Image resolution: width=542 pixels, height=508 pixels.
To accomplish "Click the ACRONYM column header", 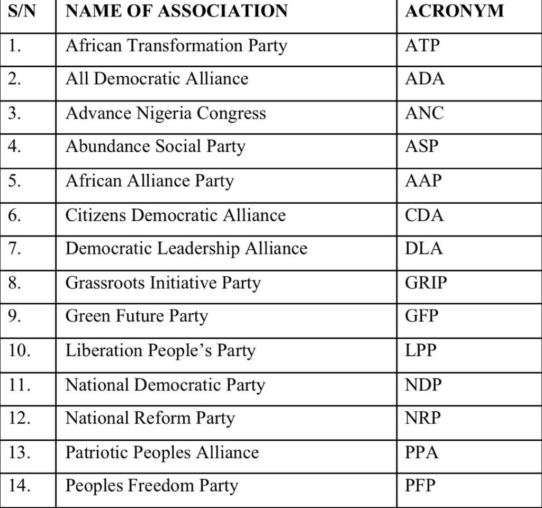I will [454, 11].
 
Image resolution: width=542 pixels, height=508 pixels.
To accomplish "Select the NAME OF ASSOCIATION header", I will [176, 11].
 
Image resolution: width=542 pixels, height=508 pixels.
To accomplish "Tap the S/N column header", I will [22, 11].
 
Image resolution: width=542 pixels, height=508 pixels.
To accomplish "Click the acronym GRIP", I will [426, 282].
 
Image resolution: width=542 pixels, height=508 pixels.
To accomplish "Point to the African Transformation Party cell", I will [176, 46].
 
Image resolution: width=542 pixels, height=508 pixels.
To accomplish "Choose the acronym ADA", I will [424, 79].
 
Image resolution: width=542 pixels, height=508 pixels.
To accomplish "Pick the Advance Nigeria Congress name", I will [165, 113].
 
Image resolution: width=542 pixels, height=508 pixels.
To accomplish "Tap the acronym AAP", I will [423, 181].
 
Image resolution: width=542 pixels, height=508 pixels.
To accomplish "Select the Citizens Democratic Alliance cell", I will [175, 215].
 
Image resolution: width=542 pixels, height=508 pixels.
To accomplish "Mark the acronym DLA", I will [423, 248].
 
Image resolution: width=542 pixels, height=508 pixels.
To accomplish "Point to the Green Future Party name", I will [137, 316].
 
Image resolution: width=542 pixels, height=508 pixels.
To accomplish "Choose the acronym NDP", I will [423, 384].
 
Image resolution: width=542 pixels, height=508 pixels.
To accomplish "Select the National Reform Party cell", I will [150, 418].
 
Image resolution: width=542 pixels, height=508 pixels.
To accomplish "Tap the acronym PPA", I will [422, 452].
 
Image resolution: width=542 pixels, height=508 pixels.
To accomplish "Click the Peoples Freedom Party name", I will [151, 486].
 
